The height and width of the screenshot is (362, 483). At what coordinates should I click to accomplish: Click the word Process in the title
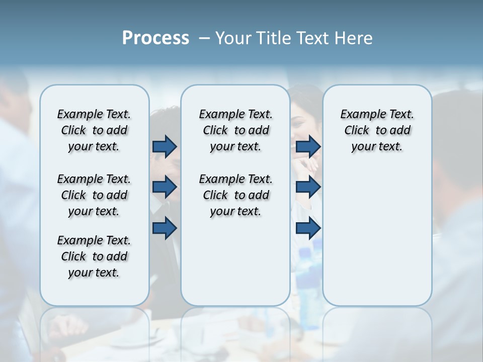click(x=155, y=38)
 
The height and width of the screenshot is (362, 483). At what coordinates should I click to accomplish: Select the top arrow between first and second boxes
click(x=165, y=146)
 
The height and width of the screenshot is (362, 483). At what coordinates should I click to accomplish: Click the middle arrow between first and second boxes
click(x=165, y=188)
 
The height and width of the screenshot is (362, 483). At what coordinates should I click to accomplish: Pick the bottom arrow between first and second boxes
click(x=165, y=229)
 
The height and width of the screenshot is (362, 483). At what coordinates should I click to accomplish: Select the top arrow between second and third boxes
click(x=308, y=146)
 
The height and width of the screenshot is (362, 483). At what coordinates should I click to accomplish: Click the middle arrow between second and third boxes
click(x=308, y=188)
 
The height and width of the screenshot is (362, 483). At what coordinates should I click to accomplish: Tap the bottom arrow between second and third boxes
click(x=308, y=229)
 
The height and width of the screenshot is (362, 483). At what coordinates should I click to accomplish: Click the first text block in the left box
click(x=94, y=130)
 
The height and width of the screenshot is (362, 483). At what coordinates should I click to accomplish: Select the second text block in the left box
click(x=94, y=195)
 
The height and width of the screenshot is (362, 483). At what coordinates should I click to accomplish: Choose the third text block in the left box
click(x=94, y=256)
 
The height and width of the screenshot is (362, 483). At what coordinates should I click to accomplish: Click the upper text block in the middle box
click(x=235, y=130)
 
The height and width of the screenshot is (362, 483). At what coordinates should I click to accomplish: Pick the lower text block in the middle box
click(x=235, y=195)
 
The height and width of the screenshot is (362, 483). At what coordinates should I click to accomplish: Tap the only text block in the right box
click(x=377, y=130)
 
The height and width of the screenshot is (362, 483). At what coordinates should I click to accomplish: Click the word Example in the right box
click(x=359, y=115)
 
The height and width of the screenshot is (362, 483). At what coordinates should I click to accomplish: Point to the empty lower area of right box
click(x=377, y=236)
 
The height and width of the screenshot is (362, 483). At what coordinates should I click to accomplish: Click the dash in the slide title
click(x=204, y=38)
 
